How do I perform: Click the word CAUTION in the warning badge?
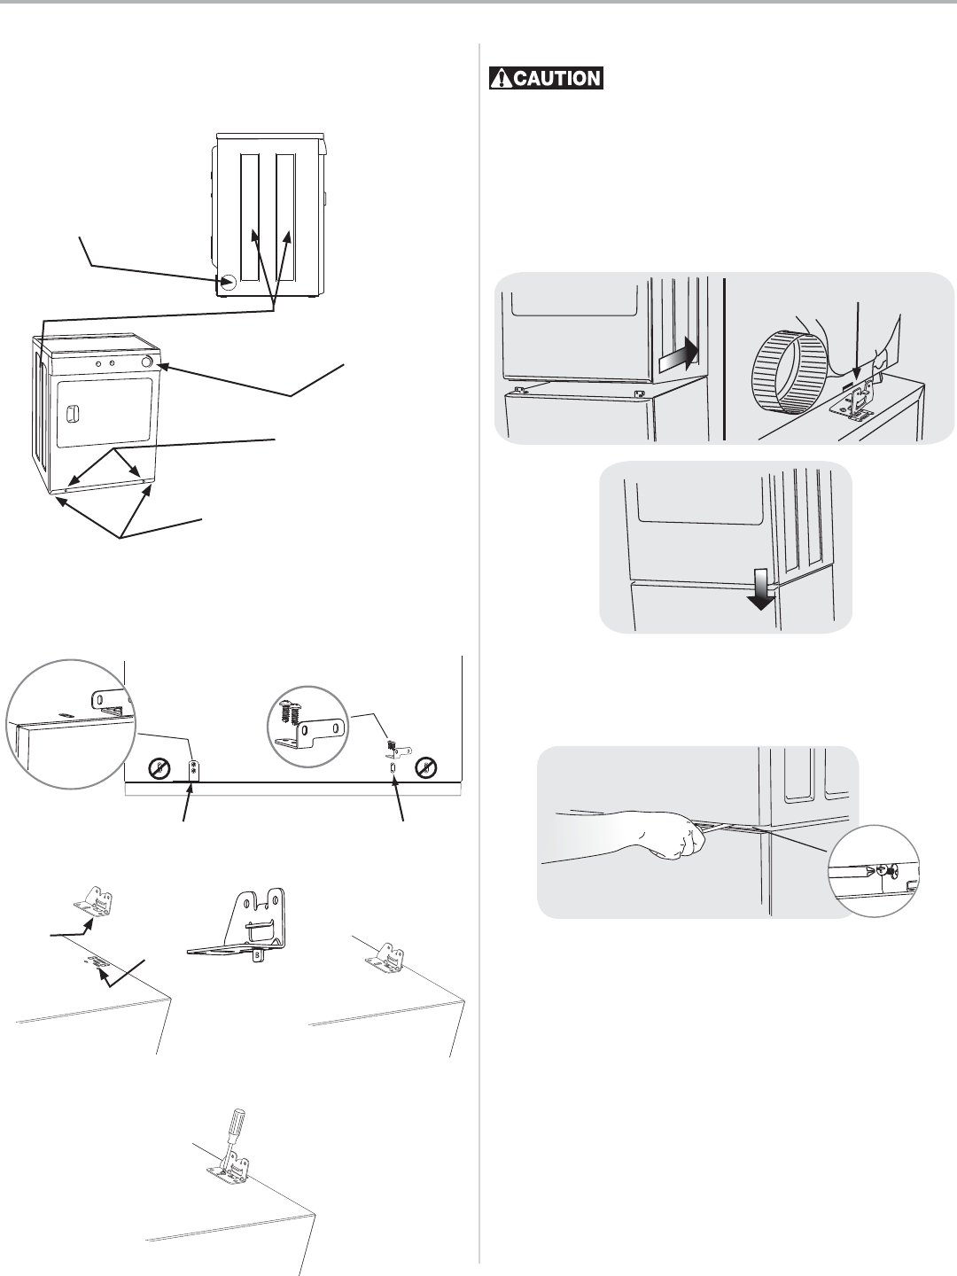pyautogui.click(x=556, y=79)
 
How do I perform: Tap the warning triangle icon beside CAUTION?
pyautogui.click(x=502, y=79)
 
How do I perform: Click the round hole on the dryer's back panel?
pyautogui.click(x=227, y=282)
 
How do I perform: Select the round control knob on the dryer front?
pyautogui.click(x=146, y=363)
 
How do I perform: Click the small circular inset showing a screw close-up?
pyautogui.click(x=872, y=869)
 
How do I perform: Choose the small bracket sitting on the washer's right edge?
pyautogui.click(x=386, y=957)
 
